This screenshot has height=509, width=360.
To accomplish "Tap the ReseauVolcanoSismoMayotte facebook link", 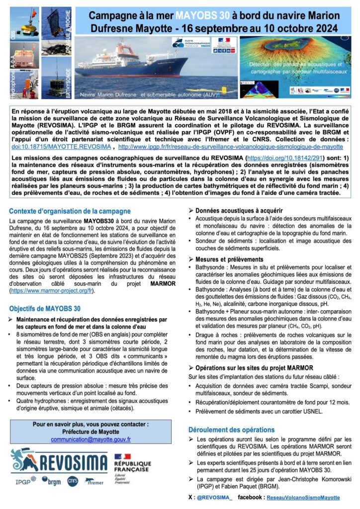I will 303,497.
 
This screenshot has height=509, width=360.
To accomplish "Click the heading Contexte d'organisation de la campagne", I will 70,211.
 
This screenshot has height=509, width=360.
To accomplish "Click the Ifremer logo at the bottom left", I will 94,482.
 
